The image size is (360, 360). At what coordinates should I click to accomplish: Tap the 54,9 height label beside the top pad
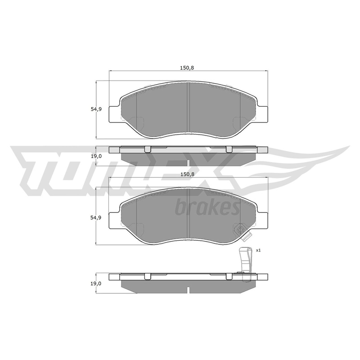click(x=96, y=109)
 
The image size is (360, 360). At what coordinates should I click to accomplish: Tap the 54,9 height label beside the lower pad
click(x=96, y=217)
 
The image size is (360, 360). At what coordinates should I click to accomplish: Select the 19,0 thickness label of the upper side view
click(x=96, y=156)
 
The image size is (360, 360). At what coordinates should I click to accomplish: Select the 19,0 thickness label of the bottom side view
click(x=96, y=283)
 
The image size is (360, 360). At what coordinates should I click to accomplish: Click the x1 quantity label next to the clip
click(x=258, y=250)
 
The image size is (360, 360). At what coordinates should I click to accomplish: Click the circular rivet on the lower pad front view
click(x=240, y=229)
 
